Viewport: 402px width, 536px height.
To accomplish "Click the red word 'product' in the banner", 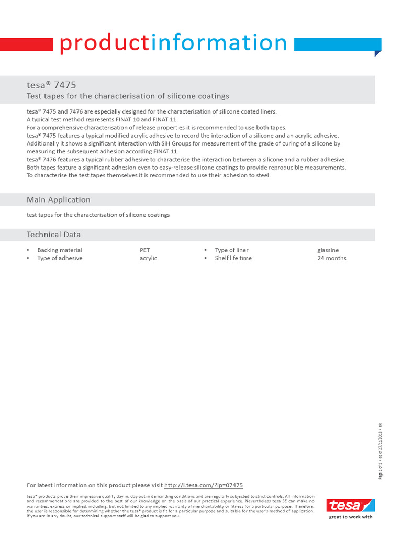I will [x=104, y=43].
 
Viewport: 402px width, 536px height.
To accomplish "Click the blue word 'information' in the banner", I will [x=219, y=43].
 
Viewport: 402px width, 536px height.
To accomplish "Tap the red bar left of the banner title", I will [x=27, y=44].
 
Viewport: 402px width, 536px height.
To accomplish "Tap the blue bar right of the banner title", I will [x=337, y=44].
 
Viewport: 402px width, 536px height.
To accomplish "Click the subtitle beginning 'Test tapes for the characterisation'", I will [x=128, y=96].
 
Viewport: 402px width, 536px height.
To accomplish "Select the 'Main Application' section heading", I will [x=58, y=199].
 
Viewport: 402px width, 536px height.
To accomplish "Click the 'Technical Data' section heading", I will [x=53, y=234].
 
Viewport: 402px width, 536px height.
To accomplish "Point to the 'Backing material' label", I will [x=60, y=250].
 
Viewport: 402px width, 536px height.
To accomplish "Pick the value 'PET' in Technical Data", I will [x=144, y=250].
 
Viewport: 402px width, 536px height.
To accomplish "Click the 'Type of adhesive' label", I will [x=60, y=258].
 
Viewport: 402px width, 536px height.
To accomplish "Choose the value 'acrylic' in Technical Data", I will [x=148, y=258].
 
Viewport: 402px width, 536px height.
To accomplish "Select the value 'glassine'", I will [x=328, y=250].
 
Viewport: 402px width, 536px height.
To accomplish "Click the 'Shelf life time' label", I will [x=233, y=258].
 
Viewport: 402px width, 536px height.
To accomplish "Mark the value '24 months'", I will [x=331, y=258].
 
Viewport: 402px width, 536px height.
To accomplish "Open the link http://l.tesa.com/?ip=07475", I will [x=204, y=485].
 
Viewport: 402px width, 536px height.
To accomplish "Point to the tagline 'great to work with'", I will [x=351, y=517].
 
